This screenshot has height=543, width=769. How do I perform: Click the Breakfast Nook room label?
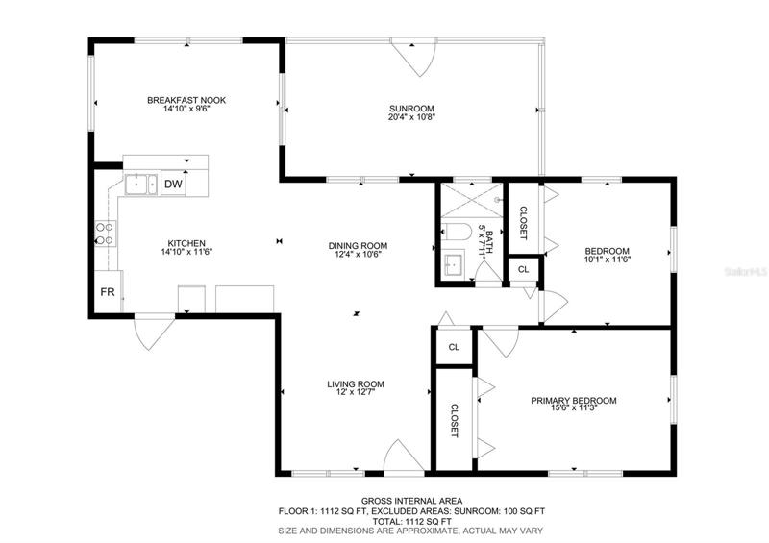186,100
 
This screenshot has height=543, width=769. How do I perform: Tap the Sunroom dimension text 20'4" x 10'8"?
412,117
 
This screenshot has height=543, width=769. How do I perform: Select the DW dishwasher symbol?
173,185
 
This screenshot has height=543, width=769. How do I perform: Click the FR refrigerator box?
108,292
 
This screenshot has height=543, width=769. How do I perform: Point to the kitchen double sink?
141,185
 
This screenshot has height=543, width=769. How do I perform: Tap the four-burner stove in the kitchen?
105,234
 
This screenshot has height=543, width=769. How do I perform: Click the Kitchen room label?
186,243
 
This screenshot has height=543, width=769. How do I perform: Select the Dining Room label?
358,246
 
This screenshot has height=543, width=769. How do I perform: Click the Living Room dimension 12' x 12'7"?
355,392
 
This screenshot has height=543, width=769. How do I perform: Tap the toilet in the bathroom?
453,232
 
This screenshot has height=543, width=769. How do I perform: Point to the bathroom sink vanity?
454,264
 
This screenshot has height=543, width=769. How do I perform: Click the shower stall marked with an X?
472,200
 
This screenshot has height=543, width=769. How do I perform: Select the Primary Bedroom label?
573,400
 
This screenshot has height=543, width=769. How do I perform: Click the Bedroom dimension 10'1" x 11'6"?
608,259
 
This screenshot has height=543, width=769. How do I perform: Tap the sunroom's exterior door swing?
415,57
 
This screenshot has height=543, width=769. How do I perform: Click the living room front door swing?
404,457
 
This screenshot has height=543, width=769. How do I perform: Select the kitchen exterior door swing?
154,333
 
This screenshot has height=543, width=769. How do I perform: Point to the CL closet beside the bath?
523,269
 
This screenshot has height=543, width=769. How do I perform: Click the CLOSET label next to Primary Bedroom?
454,420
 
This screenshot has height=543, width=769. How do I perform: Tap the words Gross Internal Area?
411,501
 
